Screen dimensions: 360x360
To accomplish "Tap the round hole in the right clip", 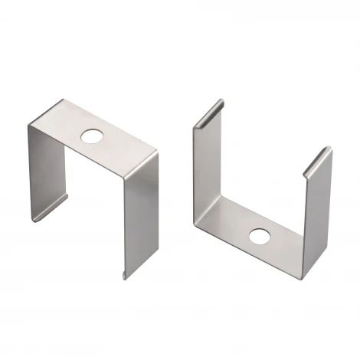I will (x=259, y=235).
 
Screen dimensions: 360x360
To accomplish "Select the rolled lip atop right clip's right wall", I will (x=317, y=161).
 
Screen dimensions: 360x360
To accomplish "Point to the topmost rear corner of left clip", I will (x=63, y=101).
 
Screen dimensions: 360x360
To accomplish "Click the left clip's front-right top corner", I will (x=158, y=152).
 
